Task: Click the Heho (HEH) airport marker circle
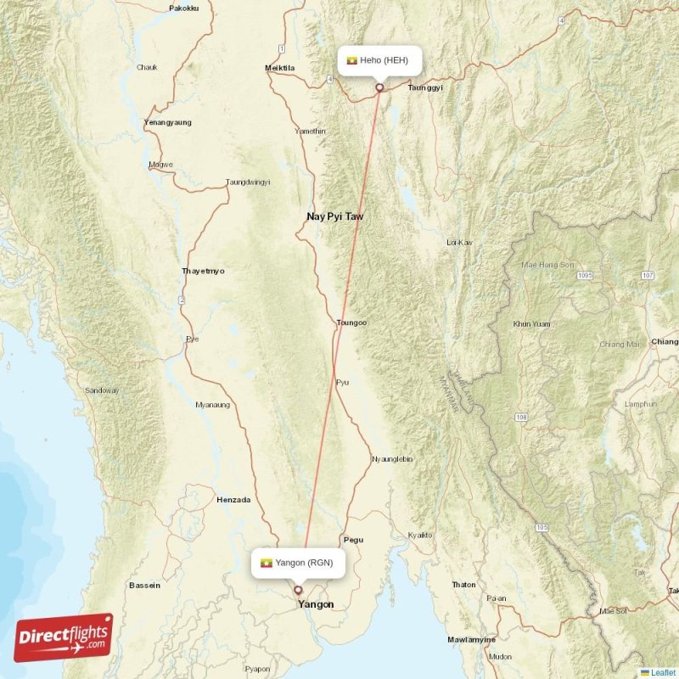[x=379, y=87]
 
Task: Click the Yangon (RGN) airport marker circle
[x=298, y=590]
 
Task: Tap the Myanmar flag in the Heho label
[x=352, y=60]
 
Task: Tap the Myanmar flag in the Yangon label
[x=267, y=562]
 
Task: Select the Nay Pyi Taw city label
[x=334, y=217]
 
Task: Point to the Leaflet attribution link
[x=663, y=672]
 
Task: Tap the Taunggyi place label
[x=425, y=87]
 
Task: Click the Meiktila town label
[x=279, y=68]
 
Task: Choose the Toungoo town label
[x=351, y=323]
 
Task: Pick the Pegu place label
[x=352, y=540]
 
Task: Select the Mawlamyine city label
[x=474, y=639]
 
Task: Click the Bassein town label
[x=143, y=586]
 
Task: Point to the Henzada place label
[x=233, y=500]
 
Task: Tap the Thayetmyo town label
[x=204, y=272]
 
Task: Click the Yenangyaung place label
[x=168, y=122]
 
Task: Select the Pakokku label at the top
[x=183, y=8]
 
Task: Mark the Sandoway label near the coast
[x=102, y=390]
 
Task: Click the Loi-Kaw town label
[x=459, y=243]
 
